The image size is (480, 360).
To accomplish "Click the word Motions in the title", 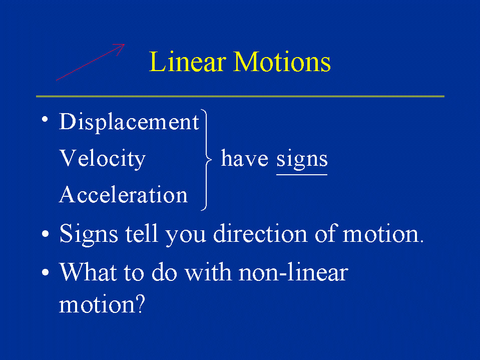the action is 282,62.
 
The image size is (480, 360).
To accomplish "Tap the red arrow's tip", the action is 125,45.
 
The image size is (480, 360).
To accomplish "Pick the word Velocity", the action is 102,159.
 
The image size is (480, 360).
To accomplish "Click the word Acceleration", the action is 123,194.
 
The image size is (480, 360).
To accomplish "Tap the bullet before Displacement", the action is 45,119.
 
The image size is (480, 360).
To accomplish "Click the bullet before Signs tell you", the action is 46,234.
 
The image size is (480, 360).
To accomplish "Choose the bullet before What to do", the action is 46,272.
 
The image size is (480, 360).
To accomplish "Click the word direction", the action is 260,233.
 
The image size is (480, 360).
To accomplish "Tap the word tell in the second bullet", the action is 142,233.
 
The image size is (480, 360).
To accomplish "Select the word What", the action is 89,271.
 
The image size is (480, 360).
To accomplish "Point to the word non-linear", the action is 294,271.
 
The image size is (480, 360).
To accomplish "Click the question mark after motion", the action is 140,304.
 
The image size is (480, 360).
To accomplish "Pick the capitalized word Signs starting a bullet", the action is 89,234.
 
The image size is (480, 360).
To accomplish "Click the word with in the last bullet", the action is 208,271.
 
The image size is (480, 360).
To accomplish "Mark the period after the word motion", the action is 421,241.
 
